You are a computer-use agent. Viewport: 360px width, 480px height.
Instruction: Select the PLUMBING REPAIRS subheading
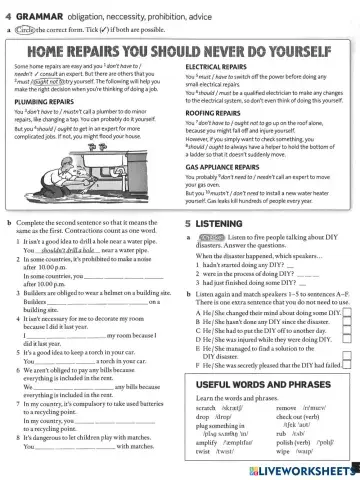[45, 101]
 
